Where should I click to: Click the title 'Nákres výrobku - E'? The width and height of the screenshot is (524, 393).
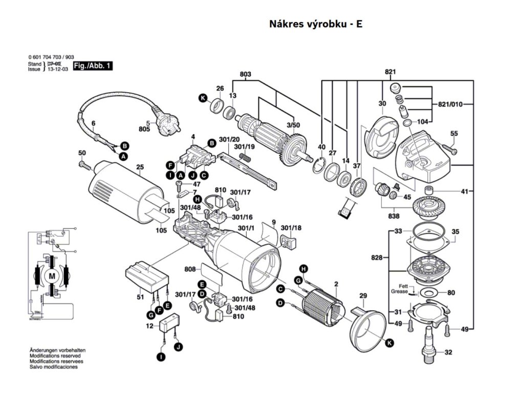click(x=315, y=24)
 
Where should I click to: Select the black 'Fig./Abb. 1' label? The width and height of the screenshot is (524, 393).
click(x=92, y=67)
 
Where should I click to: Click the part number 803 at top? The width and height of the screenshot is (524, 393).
click(x=245, y=75)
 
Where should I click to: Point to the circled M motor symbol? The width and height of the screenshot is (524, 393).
click(x=51, y=276)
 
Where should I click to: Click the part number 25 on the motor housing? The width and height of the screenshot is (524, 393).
click(x=140, y=167)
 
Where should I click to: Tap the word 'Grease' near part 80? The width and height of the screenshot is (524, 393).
click(x=400, y=292)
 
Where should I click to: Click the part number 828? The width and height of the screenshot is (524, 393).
click(x=377, y=257)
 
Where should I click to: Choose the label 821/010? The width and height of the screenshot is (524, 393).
click(x=450, y=104)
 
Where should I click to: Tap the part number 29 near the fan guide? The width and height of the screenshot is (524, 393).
click(x=363, y=296)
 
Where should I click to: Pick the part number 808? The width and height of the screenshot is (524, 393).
click(x=190, y=269)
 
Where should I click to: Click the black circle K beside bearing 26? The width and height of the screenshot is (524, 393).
click(x=203, y=98)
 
